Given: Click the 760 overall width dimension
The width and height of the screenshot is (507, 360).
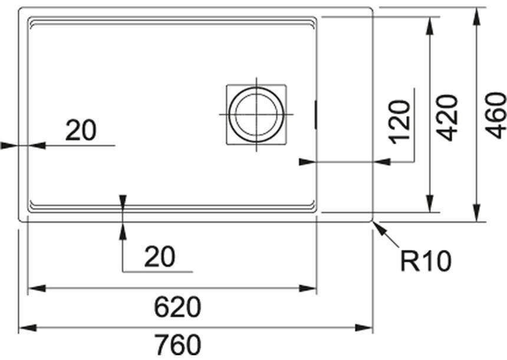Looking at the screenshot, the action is [x=177, y=345].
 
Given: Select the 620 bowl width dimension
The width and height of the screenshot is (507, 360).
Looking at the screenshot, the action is [x=177, y=307].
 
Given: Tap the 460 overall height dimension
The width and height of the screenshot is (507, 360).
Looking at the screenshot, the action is [x=496, y=115].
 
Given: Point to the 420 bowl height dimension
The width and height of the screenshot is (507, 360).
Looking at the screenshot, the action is [x=447, y=118].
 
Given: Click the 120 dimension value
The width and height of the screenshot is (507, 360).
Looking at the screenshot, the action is [x=400, y=122].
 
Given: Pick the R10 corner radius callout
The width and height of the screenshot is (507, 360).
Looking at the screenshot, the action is [x=425, y=262].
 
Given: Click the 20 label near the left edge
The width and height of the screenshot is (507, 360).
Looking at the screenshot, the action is [x=81, y=130].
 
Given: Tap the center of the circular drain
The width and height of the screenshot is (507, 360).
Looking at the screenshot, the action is [x=256, y=114].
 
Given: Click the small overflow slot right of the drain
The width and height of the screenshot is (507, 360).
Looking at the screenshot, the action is [x=315, y=114].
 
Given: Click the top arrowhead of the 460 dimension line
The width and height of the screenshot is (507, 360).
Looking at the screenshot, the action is [x=476, y=16].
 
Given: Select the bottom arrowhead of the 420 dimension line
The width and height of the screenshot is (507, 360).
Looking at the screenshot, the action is [x=430, y=204].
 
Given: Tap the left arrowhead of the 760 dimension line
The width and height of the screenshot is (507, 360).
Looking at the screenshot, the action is [x=28, y=328].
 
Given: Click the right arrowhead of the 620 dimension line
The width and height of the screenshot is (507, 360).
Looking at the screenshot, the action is [x=308, y=288].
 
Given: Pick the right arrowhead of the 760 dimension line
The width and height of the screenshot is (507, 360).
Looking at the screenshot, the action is [x=364, y=328].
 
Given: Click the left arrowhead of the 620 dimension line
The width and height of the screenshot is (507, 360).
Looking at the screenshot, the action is [x=37, y=288].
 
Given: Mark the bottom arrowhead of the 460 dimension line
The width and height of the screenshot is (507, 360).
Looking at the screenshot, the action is [x=476, y=213].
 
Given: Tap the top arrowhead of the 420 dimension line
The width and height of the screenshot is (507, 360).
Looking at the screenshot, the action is [x=430, y=26].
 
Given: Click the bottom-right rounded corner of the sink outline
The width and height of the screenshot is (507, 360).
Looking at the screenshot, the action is [x=371, y=220].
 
